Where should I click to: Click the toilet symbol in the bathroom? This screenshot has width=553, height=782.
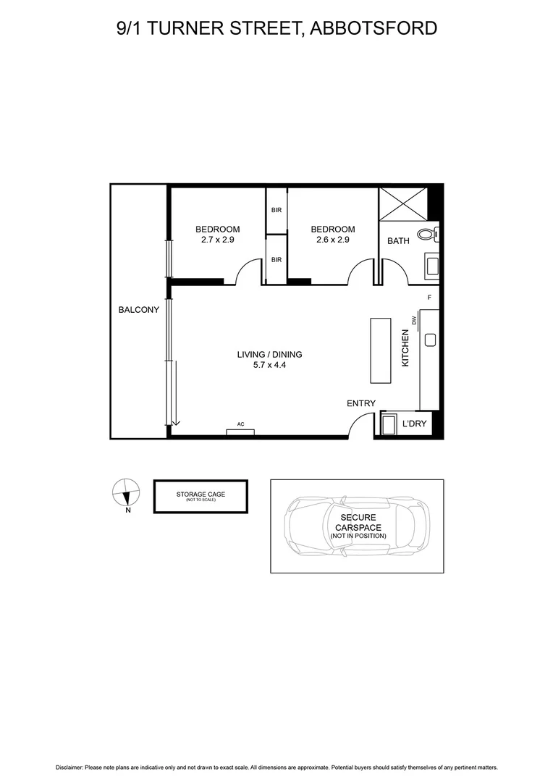432,234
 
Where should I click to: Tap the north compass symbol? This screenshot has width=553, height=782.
125,493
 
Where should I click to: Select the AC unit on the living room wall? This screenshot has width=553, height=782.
240,432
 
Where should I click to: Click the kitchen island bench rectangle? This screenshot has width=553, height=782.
380,350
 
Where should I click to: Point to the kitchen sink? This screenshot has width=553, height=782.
430,339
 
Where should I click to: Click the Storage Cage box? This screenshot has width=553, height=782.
200,496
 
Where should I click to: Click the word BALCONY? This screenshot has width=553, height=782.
139,310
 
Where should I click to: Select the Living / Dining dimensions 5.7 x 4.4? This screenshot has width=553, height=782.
269,366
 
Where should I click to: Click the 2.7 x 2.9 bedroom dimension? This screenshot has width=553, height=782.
218,240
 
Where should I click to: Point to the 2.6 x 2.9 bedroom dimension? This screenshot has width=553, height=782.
333,240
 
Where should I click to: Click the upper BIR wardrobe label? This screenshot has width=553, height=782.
276,210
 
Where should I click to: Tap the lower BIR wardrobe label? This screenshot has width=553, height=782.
276,259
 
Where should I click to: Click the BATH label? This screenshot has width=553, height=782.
398,241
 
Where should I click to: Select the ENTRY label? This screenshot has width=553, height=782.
361,403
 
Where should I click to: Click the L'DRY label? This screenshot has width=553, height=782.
414,423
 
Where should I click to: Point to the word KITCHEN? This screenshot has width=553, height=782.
406,348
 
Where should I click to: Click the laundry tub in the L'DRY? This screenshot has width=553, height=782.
389,424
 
